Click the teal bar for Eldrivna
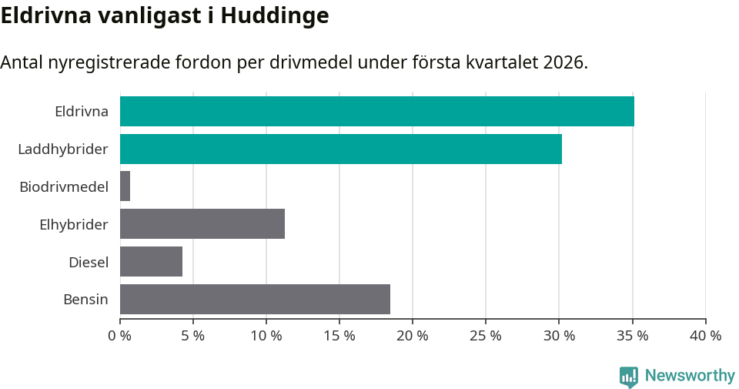coord(376,111)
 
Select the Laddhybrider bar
coord(340,149)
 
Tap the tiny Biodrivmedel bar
coord(125,186)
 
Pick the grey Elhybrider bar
coord(202,224)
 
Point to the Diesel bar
coord(151,262)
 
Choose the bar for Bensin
coord(255,300)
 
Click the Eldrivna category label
coord(82,112)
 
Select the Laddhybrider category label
coord(63,149)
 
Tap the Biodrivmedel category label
coord(64,186)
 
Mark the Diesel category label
coord(89,263)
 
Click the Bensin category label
coord(85,300)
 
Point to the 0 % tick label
coord(119,336)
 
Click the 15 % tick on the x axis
coord(339,336)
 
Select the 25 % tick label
coord(486,336)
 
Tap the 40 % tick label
coord(705,336)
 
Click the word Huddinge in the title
coord(275,15)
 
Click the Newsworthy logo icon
coord(629,376)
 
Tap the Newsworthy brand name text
coord(690,376)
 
